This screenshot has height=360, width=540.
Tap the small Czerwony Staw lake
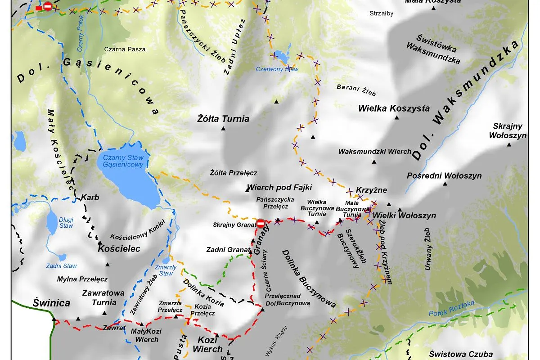point(281,58)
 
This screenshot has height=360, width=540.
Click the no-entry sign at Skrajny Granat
point(261,223)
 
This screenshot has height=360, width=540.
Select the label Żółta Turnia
point(223,119)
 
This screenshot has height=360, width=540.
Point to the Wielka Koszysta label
point(394,108)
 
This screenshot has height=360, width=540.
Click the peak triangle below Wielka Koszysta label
point(396,118)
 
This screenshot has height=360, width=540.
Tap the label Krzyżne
point(371,190)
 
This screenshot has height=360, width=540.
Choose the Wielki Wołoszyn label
point(404,216)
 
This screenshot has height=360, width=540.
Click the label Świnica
point(51,303)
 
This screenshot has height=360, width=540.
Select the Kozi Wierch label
point(207,344)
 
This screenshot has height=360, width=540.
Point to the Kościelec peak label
point(119,248)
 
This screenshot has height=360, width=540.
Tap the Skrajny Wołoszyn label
point(509,130)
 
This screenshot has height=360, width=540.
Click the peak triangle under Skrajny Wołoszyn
point(509,144)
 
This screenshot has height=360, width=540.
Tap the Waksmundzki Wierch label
point(375,152)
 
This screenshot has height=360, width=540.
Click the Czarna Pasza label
point(125,49)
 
